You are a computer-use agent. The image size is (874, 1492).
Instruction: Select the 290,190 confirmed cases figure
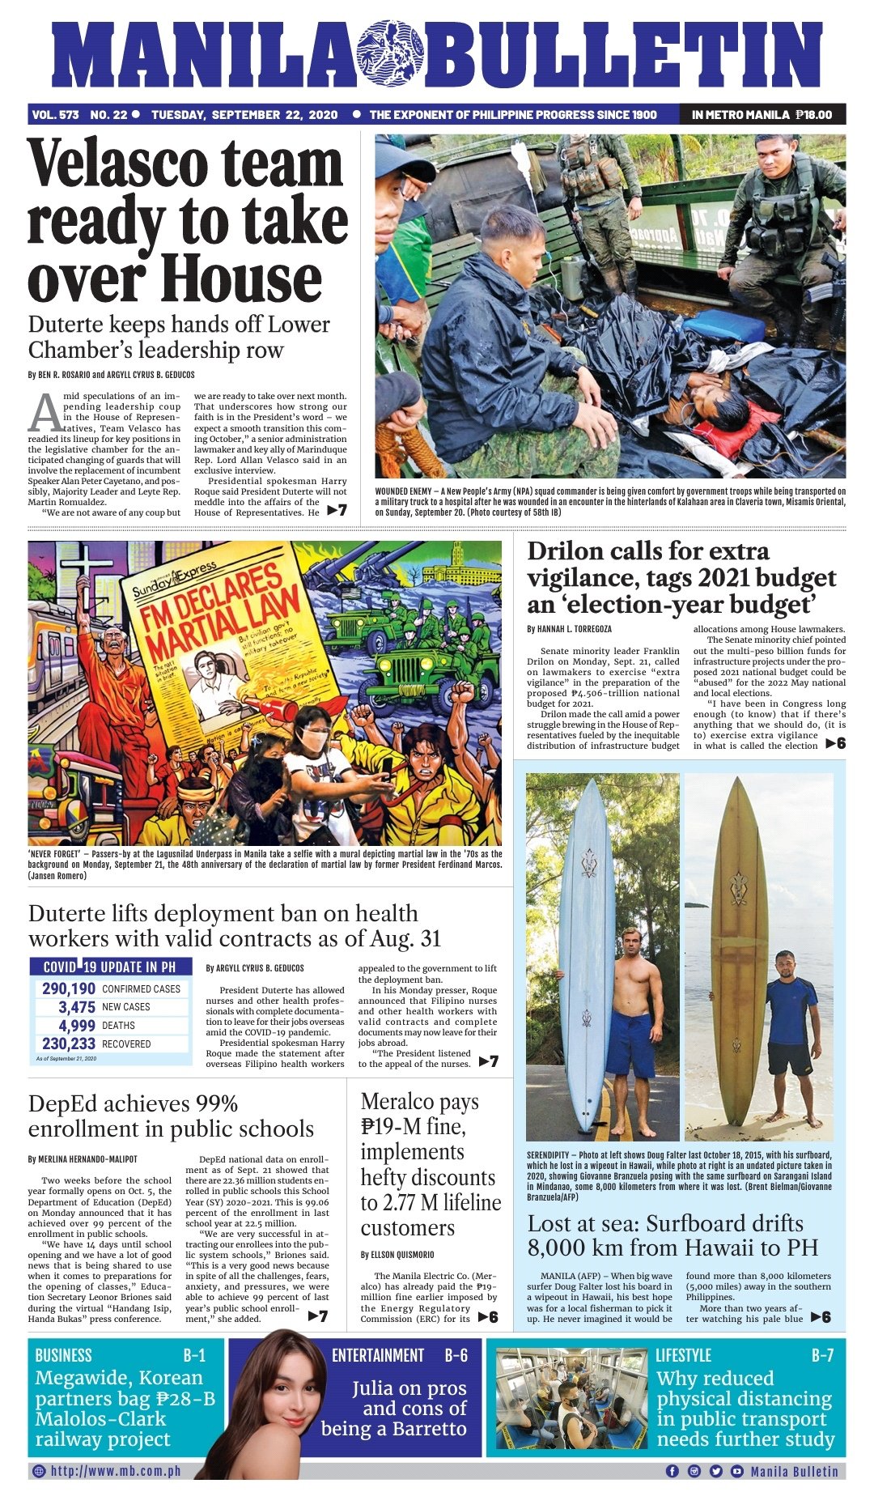click(x=69, y=988)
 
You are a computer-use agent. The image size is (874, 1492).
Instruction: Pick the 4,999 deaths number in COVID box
click(x=77, y=1026)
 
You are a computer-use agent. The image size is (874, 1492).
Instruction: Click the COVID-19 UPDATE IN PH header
click(x=110, y=967)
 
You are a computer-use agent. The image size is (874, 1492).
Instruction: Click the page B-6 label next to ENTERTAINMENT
click(x=456, y=1355)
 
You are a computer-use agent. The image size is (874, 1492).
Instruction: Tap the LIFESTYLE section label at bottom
click(x=683, y=1355)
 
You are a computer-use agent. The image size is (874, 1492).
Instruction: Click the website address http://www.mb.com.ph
click(x=115, y=1471)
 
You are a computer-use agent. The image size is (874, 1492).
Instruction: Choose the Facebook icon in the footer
click(x=672, y=1471)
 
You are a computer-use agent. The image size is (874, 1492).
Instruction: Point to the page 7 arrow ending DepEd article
click(x=318, y=1316)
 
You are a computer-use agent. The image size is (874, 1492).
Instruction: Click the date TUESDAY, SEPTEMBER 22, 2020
click(x=244, y=115)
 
